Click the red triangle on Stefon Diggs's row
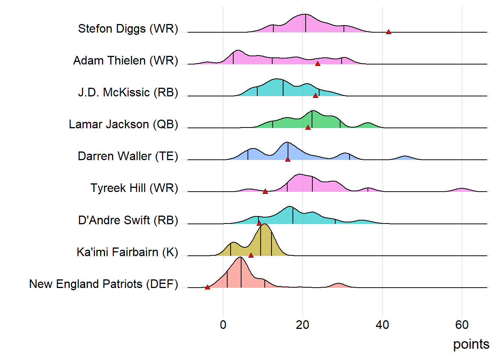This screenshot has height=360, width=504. (388, 32)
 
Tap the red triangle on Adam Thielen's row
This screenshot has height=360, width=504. (318, 64)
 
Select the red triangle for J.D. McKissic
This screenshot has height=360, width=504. (315, 96)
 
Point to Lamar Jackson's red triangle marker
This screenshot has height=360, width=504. (308, 127)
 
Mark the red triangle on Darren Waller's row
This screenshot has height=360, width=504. (288, 159)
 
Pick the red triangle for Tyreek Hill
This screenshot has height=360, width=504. (265, 191)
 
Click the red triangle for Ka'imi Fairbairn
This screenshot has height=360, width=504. (251, 255)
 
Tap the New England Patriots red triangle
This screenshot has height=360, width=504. (207, 287)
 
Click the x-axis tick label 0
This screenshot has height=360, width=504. (223, 325)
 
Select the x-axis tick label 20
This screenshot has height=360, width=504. (303, 325)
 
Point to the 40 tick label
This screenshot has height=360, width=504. (382, 325)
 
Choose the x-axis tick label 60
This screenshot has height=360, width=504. (462, 325)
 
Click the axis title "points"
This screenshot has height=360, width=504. (471, 344)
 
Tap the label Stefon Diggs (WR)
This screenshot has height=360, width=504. (128, 28)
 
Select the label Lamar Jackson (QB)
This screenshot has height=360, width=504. (123, 124)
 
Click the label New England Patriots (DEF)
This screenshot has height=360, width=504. (103, 284)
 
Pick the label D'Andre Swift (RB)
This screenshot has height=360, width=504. (128, 220)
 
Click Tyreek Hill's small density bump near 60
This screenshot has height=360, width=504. (462, 190)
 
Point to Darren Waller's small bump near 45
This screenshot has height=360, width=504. (405, 158)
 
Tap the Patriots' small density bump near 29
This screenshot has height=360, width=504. (338, 285)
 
